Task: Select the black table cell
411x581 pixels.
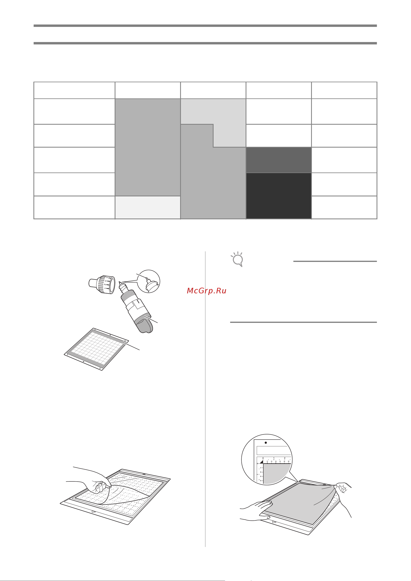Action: tap(278, 196)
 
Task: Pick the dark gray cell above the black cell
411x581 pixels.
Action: tap(278, 160)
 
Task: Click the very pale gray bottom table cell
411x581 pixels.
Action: tap(147, 207)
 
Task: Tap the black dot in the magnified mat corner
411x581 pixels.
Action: tap(266, 443)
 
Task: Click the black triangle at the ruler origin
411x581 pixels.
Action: tap(262, 462)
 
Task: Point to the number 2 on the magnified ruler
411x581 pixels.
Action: tap(284, 458)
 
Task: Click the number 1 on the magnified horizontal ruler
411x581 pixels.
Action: tap(274, 458)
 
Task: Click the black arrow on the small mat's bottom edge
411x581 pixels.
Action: tap(84, 362)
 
